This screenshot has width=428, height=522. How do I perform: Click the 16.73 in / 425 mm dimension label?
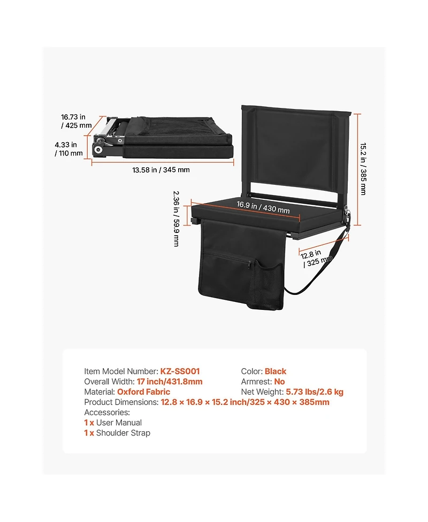(76, 121)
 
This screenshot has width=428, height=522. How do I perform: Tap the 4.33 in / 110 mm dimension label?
(68, 149)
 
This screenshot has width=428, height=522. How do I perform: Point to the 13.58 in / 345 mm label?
(161, 170)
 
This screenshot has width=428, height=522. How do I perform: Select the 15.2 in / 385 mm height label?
(363, 169)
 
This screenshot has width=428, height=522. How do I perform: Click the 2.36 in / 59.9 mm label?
(177, 219)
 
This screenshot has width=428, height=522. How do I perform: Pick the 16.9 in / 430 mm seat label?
(263, 207)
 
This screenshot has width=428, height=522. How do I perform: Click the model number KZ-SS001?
(180, 371)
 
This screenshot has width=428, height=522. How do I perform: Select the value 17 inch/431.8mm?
(170, 381)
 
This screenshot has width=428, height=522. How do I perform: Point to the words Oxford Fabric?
(144, 392)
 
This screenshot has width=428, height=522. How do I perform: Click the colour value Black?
(276, 371)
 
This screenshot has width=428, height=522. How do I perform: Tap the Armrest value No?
(280, 381)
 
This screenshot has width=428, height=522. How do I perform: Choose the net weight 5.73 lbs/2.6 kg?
(315, 392)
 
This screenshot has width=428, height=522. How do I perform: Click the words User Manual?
(119, 423)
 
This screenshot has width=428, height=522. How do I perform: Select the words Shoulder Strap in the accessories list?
(124, 433)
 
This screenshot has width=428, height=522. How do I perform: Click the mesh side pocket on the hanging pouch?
(265, 285)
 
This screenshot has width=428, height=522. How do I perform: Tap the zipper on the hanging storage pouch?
(250, 264)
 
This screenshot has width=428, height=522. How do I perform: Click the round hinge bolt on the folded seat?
(98, 150)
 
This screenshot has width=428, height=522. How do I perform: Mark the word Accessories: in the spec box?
(107, 412)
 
